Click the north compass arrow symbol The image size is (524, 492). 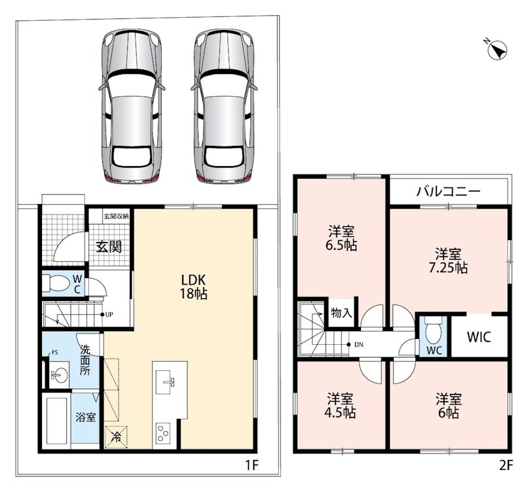497,50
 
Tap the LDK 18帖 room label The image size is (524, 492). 194,287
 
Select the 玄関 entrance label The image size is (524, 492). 109,247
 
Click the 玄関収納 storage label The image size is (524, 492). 116,217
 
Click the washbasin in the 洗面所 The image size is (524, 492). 60,375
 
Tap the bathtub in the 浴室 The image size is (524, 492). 57,421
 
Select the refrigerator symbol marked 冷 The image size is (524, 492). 117,437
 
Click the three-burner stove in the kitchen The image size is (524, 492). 163,434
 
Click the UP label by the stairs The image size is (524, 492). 109,315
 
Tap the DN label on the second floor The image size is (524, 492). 358,345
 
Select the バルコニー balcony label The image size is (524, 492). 448,191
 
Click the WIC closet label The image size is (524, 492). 479,337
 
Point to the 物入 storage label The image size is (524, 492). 341,313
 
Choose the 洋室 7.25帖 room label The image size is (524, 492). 448,260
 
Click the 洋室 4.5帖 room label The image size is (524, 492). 340,406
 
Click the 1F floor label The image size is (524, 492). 252,465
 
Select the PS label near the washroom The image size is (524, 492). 54,352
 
